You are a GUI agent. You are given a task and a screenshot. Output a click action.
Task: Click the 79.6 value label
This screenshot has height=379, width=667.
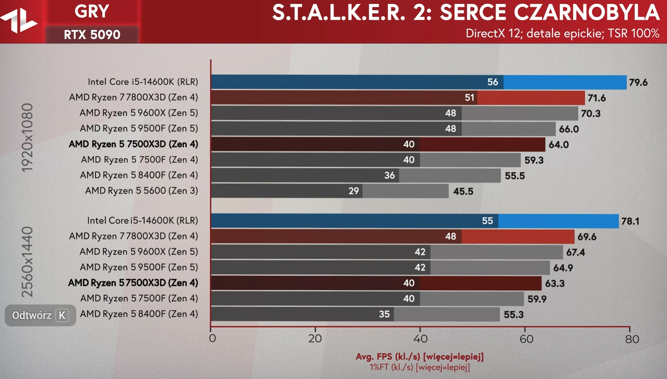coord(638,82)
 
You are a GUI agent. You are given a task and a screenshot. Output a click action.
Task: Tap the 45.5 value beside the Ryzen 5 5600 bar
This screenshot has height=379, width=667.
coord(463,191)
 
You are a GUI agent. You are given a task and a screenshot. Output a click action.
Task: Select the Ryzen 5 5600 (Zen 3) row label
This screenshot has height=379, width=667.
coord(141,191)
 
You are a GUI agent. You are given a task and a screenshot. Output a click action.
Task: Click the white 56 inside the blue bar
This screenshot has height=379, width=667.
coord(492,82)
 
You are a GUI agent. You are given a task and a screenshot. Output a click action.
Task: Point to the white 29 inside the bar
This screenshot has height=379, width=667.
coord(353,191)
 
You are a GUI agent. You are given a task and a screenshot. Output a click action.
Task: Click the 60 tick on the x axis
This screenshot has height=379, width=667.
coord(526,339)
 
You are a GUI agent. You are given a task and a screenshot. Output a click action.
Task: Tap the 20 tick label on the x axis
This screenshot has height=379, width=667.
coord(315,339)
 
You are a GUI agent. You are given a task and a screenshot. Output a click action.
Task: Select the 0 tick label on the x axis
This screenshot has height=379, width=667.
coord(213,339)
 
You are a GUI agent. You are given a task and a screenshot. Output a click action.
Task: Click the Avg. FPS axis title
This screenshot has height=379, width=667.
coord(420,356)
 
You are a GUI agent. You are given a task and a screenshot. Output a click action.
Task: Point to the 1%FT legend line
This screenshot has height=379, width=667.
coord(420,367)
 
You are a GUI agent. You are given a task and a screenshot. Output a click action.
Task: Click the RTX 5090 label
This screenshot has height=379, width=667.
coord(92,35)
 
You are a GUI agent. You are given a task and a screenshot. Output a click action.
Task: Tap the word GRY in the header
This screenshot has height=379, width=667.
coord(92,12)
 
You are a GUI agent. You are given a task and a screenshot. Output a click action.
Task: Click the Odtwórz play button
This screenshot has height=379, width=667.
coord(40,315)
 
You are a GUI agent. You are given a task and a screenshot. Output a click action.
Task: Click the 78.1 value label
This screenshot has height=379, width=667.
coord(630,221)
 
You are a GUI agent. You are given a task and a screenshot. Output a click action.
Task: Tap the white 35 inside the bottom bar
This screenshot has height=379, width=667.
coord(384,314)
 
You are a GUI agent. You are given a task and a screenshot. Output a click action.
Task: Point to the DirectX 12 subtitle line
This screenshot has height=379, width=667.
coord(562,34)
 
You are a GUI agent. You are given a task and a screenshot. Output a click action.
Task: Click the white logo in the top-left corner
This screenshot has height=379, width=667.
coord(19,21)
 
